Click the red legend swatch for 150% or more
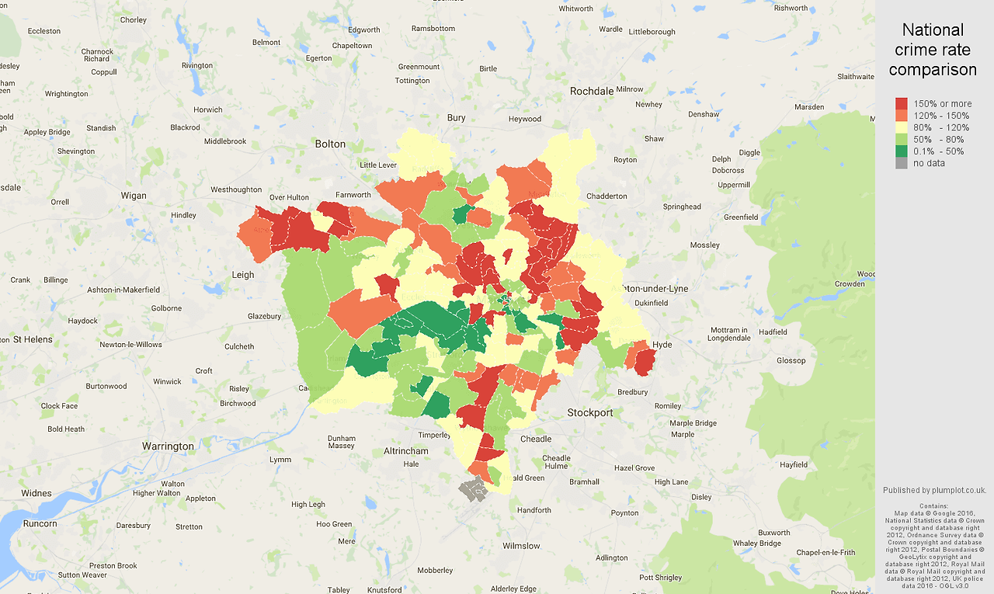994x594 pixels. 901,103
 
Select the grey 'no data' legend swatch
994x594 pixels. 901,163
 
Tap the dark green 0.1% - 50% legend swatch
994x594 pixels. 901,151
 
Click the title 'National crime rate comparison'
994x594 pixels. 933,50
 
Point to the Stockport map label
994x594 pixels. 590,412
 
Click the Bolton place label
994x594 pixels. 330,144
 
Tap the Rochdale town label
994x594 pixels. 592,91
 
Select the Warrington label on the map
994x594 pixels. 168,446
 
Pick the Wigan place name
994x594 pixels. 134,196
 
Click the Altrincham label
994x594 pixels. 406,451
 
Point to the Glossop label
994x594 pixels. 791,360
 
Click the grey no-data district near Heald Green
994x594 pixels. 472,490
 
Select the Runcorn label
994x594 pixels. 40,523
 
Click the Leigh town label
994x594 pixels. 243,275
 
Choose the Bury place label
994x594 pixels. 456,118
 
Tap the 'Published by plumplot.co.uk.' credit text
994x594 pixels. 934,490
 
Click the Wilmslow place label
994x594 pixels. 521,546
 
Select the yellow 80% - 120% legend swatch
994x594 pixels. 901,127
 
